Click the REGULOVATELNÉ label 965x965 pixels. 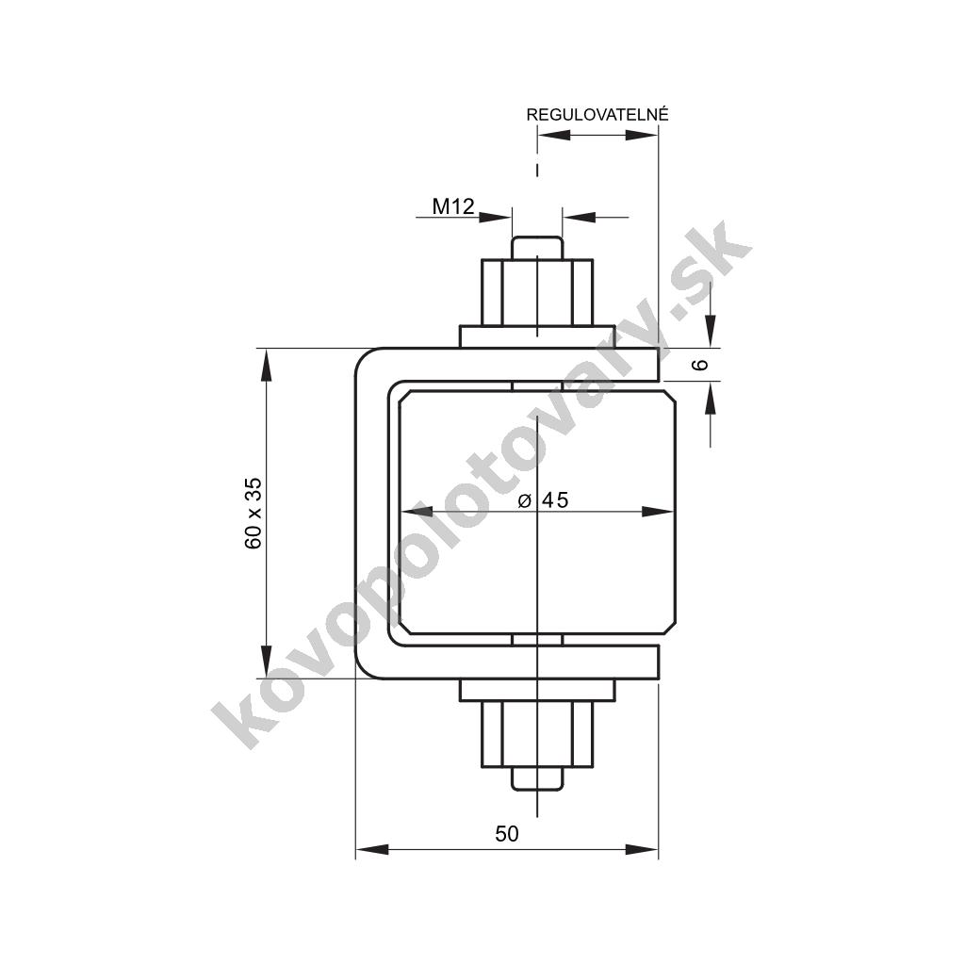click(x=597, y=114)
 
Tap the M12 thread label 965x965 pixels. click(x=453, y=206)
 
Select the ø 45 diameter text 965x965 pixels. click(x=544, y=500)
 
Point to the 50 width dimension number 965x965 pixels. click(x=506, y=833)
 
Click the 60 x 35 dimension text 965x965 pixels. click(x=253, y=514)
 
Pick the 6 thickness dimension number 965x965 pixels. click(x=700, y=365)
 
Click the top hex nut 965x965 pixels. click(x=537, y=292)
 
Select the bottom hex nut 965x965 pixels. click(x=537, y=734)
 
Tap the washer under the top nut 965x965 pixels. click(x=537, y=336)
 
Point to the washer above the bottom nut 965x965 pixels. click(x=537, y=690)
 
